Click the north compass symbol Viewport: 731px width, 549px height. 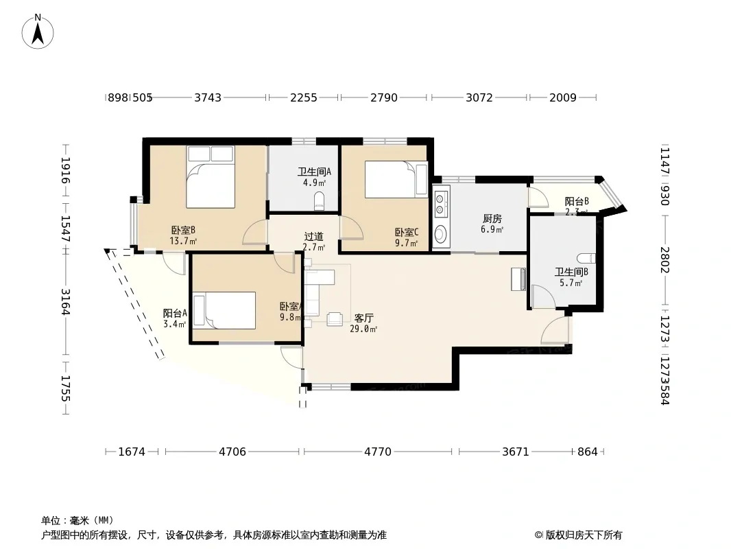click(x=38, y=31)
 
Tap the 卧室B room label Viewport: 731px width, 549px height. click(x=184, y=231)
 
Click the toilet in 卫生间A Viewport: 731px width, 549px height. click(x=319, y=201)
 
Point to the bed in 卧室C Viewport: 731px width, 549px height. click(x=395, y=179)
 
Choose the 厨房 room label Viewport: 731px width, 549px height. click(x=492, y=219)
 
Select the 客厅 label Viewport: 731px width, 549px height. click(x=363, y=318)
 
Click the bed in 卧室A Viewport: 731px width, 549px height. click(x=224, y=311)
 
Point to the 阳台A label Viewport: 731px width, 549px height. click(x=175, y=313)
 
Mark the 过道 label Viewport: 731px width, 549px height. click(x=313, y=237)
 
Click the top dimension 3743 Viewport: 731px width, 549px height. click(x=208, y=97)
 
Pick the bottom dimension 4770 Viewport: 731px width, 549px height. click(x=378, y=452)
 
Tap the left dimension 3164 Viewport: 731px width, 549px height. click(x=66, y=302)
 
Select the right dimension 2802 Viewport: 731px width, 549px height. click(x=664, y=260)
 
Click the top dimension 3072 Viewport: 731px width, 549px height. click(x=479, y=97)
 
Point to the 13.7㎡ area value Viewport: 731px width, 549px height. click(x=184, y=242)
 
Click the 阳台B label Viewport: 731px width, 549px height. click(x=577, y=201)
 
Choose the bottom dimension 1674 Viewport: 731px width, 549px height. click(x=132, y=452)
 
